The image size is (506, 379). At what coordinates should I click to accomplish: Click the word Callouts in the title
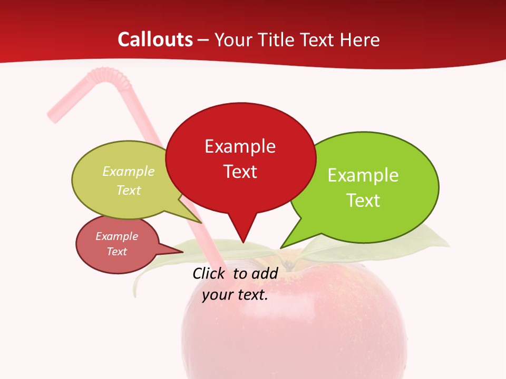click(x=155, y=39)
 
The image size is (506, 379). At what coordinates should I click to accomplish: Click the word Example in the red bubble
click(x=240, y=146)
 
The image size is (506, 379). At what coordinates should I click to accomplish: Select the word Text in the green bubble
click(x=363, y=201)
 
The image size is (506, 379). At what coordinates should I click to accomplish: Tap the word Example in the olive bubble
click(x=129, y=172)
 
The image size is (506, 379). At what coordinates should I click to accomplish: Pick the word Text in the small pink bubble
click(x=117, y=252)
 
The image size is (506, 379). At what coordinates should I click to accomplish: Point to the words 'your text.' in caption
click(x=235, y=295)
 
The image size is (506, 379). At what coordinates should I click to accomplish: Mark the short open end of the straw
click(x=53, y=114)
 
